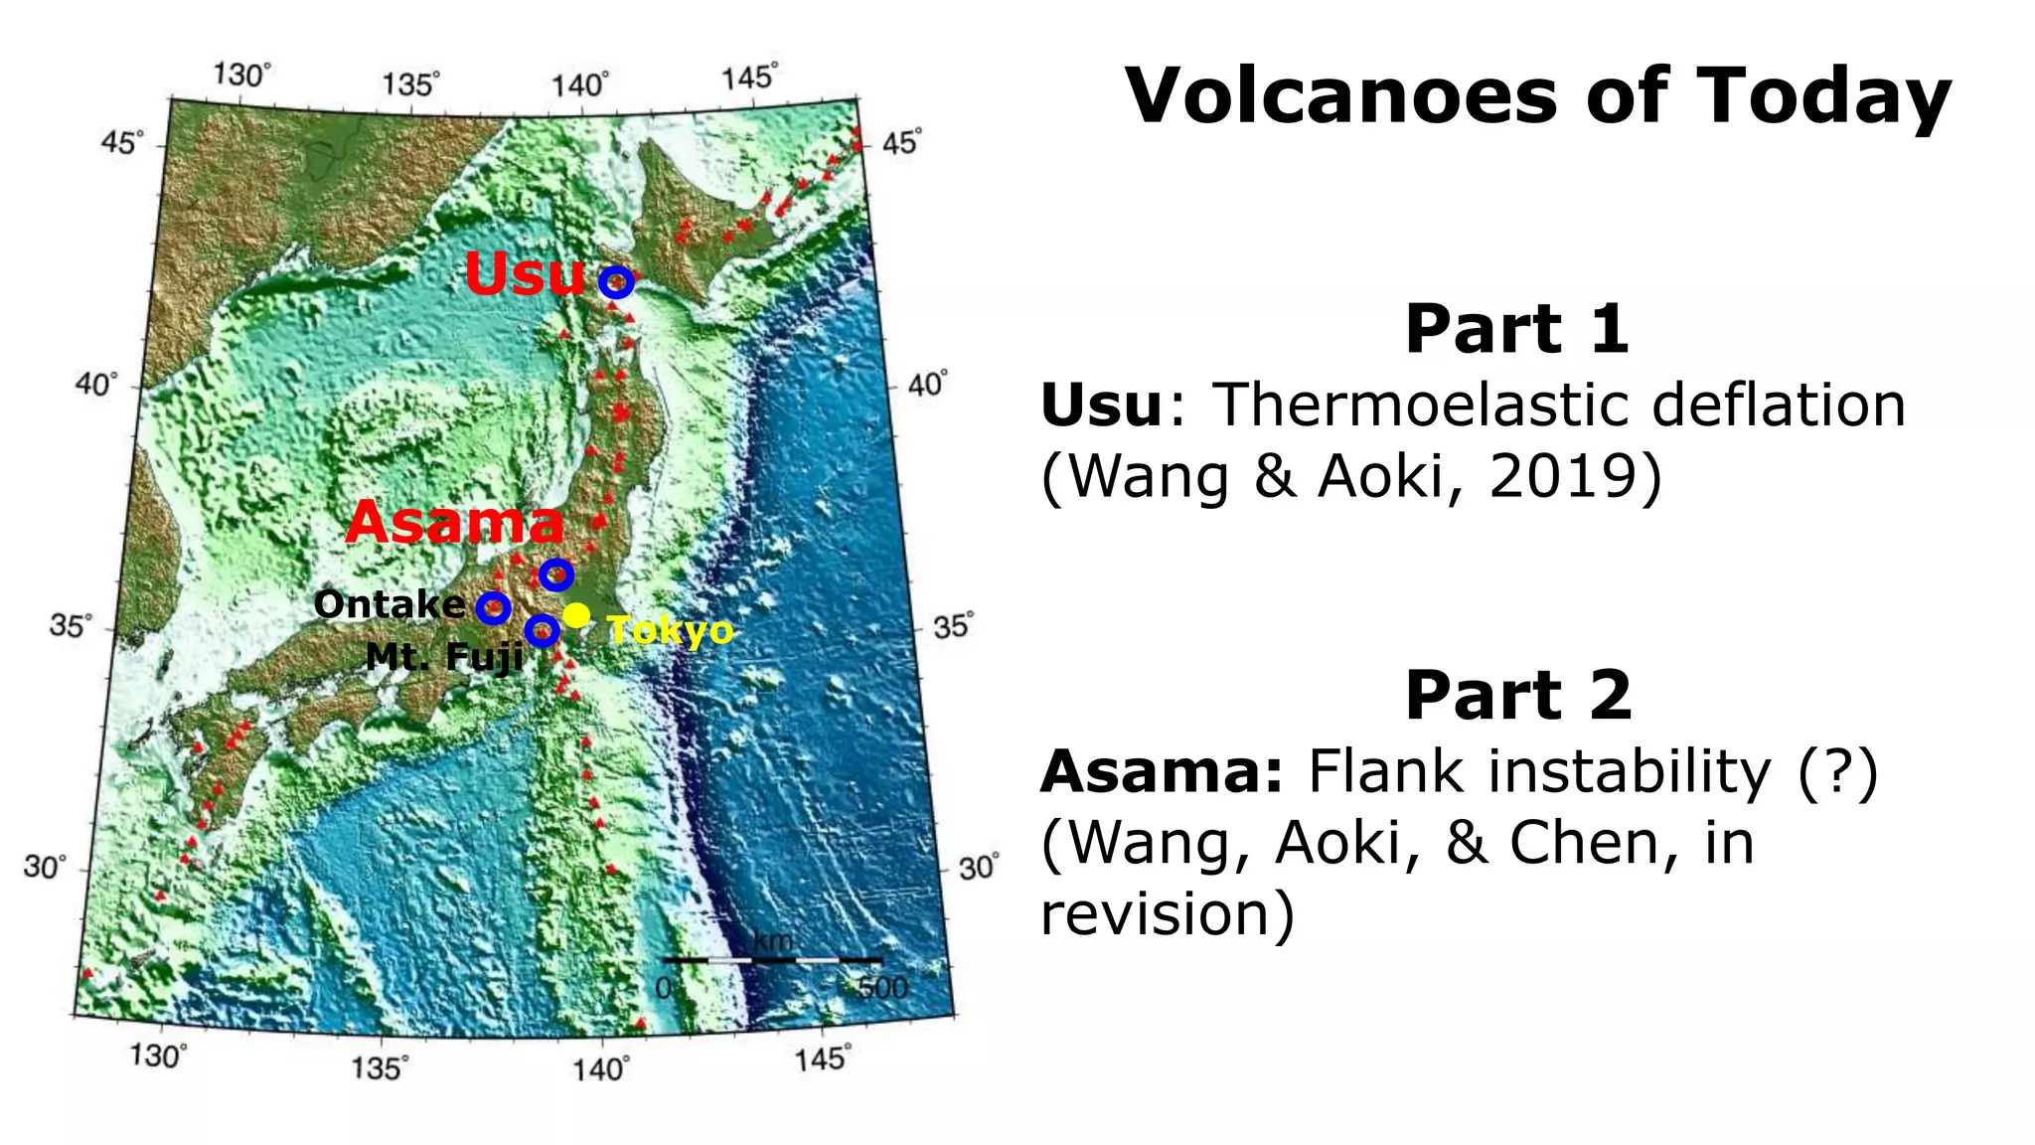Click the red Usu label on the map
(x=524, y=275)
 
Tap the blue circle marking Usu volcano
(x=616, y=282)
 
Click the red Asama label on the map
(x=455, y=523)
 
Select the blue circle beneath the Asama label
(x=556, y=574)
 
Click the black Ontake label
(x=390, y=604)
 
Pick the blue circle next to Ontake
(x=494, y=607)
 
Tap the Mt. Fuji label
(x=444, y=657)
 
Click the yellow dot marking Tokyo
(x=576, y=615)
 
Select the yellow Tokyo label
(x=671, y=630)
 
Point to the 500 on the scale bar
(x=882, y=988)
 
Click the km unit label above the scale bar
(x=772, y=940)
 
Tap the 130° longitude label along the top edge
(x=241, y=76)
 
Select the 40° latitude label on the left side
(x=96, y=384)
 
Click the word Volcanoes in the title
(x=1341, y=96)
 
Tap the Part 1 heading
(x=1516, y=329)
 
